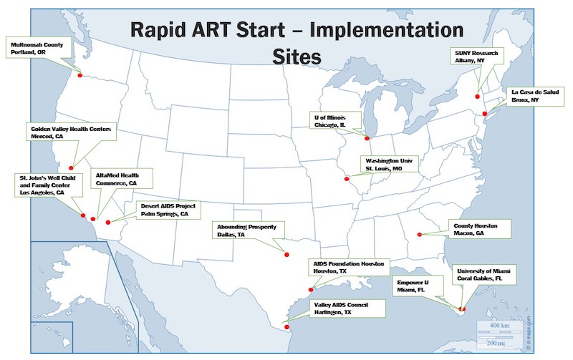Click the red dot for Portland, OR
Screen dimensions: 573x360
(80, 75)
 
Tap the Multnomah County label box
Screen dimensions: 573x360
(39, 47)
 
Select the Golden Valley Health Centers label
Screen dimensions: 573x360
(71, 132)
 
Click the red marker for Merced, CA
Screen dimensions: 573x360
(71, 168)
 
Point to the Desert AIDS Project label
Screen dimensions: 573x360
(168, 210)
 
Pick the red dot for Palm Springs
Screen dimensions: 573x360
(108, 223)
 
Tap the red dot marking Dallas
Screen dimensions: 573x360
(286, 255)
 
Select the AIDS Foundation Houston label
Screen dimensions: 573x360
(349, 267)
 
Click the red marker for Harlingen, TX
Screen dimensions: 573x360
(286, 327)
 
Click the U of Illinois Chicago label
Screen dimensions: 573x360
(335, 120)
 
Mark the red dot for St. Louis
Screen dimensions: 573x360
(347, 179)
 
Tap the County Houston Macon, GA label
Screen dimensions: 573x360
(480, 229)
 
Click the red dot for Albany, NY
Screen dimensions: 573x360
(477, 97)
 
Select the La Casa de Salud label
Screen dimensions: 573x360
(535, 96)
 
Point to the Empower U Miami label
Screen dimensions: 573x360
(418, 286)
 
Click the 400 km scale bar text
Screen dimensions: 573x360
(499, 326)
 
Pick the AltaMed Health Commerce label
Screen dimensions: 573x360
(122, 179)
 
